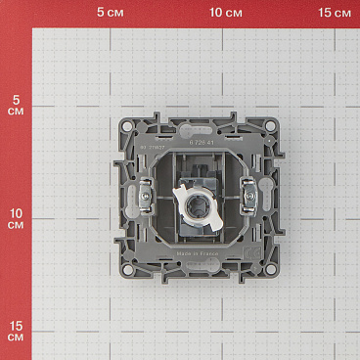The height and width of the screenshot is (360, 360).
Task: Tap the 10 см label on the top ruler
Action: [x=226, y=13]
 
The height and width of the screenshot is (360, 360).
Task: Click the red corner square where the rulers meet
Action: [x=15, y=14]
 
